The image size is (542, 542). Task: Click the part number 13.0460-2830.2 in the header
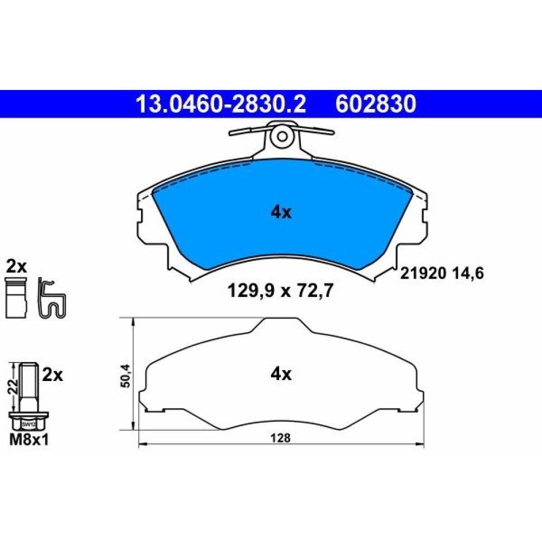[221, 104]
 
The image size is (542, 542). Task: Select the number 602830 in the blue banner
[376, 104]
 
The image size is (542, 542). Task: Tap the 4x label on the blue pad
[281, 212]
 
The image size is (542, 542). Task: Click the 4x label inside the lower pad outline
[281, 373]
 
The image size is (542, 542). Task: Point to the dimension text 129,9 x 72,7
[280, 291]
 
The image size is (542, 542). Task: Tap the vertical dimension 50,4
[126, 376]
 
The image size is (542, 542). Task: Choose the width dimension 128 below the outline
[280, 438]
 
